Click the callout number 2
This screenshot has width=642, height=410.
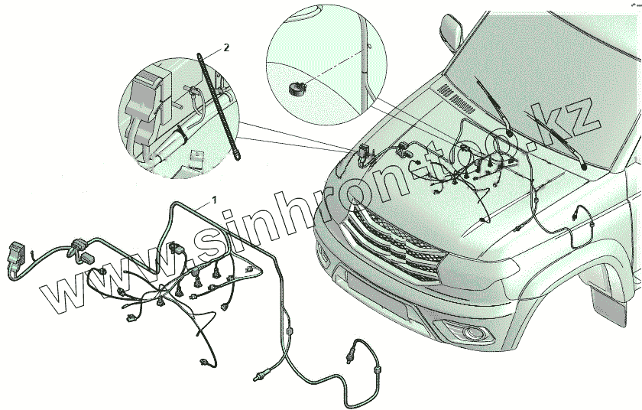point(226,47)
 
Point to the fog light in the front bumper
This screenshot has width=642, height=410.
point(475,333)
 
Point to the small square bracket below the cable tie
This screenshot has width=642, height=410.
point(196,158)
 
